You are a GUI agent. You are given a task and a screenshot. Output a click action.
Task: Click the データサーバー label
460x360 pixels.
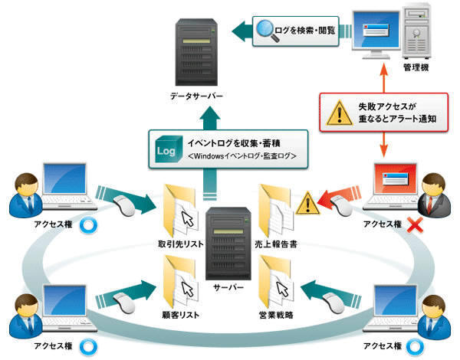tap(197, 97)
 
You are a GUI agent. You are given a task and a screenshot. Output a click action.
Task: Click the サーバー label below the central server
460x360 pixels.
tap(229, 286)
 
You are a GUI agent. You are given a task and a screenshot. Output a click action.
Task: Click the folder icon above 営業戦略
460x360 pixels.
tap(277, 279)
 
